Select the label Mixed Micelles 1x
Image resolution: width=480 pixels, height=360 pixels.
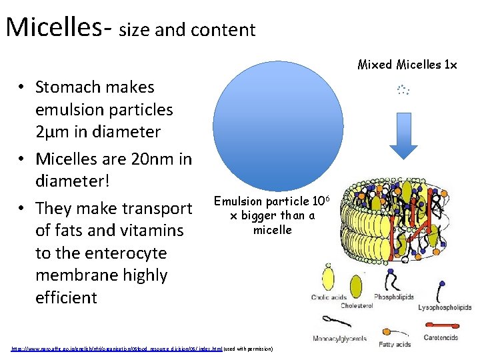[x=407, y=65]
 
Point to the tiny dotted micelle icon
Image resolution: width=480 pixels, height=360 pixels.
[x=402, y=89]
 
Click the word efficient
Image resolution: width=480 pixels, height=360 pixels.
[x=66, y=297]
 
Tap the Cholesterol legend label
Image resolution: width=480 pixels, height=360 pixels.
[x=357, y=306]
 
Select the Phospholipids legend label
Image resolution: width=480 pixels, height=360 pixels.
[x=394, y=297]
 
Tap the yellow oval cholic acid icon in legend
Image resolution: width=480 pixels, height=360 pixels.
[x=328, y=277]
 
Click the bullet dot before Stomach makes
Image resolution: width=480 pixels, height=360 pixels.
[x=23, y=87]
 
